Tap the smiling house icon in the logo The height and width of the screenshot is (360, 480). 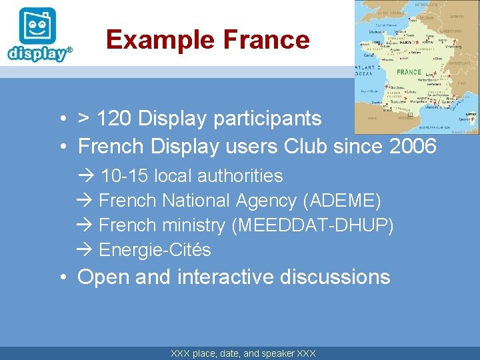[x=37, y=27]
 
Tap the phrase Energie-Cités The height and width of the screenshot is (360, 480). [x=155, y=250]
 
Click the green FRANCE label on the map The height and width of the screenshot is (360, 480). [x=409, y=72]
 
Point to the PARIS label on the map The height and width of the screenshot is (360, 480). [x=404, y=41]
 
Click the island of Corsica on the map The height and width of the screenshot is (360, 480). [x=469, y=118]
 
